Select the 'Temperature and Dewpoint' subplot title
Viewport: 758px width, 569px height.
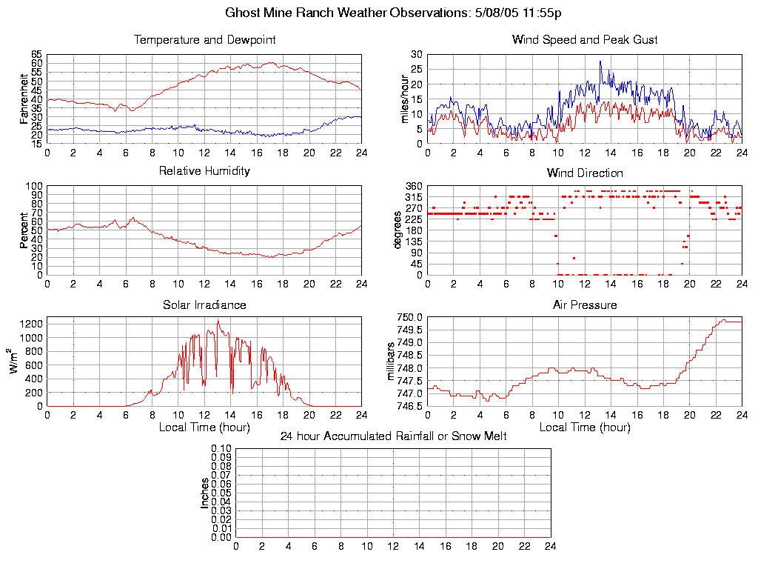(204, 39)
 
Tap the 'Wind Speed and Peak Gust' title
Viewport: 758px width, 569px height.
(585, 39)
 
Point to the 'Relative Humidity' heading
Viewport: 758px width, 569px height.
(204, 171)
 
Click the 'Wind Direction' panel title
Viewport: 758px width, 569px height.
(585, 173)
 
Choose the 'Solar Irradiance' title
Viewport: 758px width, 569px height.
(204, 305)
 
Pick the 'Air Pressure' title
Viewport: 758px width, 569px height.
(585, 305)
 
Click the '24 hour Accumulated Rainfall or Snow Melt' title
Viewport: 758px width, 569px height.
(393, 436)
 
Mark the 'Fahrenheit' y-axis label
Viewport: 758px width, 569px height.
(24, 99)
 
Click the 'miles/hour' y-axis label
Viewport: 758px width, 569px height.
(405, 99)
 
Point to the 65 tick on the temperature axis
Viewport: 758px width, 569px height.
(36, 55)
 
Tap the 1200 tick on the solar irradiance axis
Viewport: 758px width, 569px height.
(32, 324)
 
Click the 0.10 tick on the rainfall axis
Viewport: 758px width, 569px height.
(221, 448)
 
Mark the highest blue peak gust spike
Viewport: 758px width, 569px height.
(600, 61)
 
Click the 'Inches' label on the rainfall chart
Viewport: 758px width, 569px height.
(205, 493)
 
